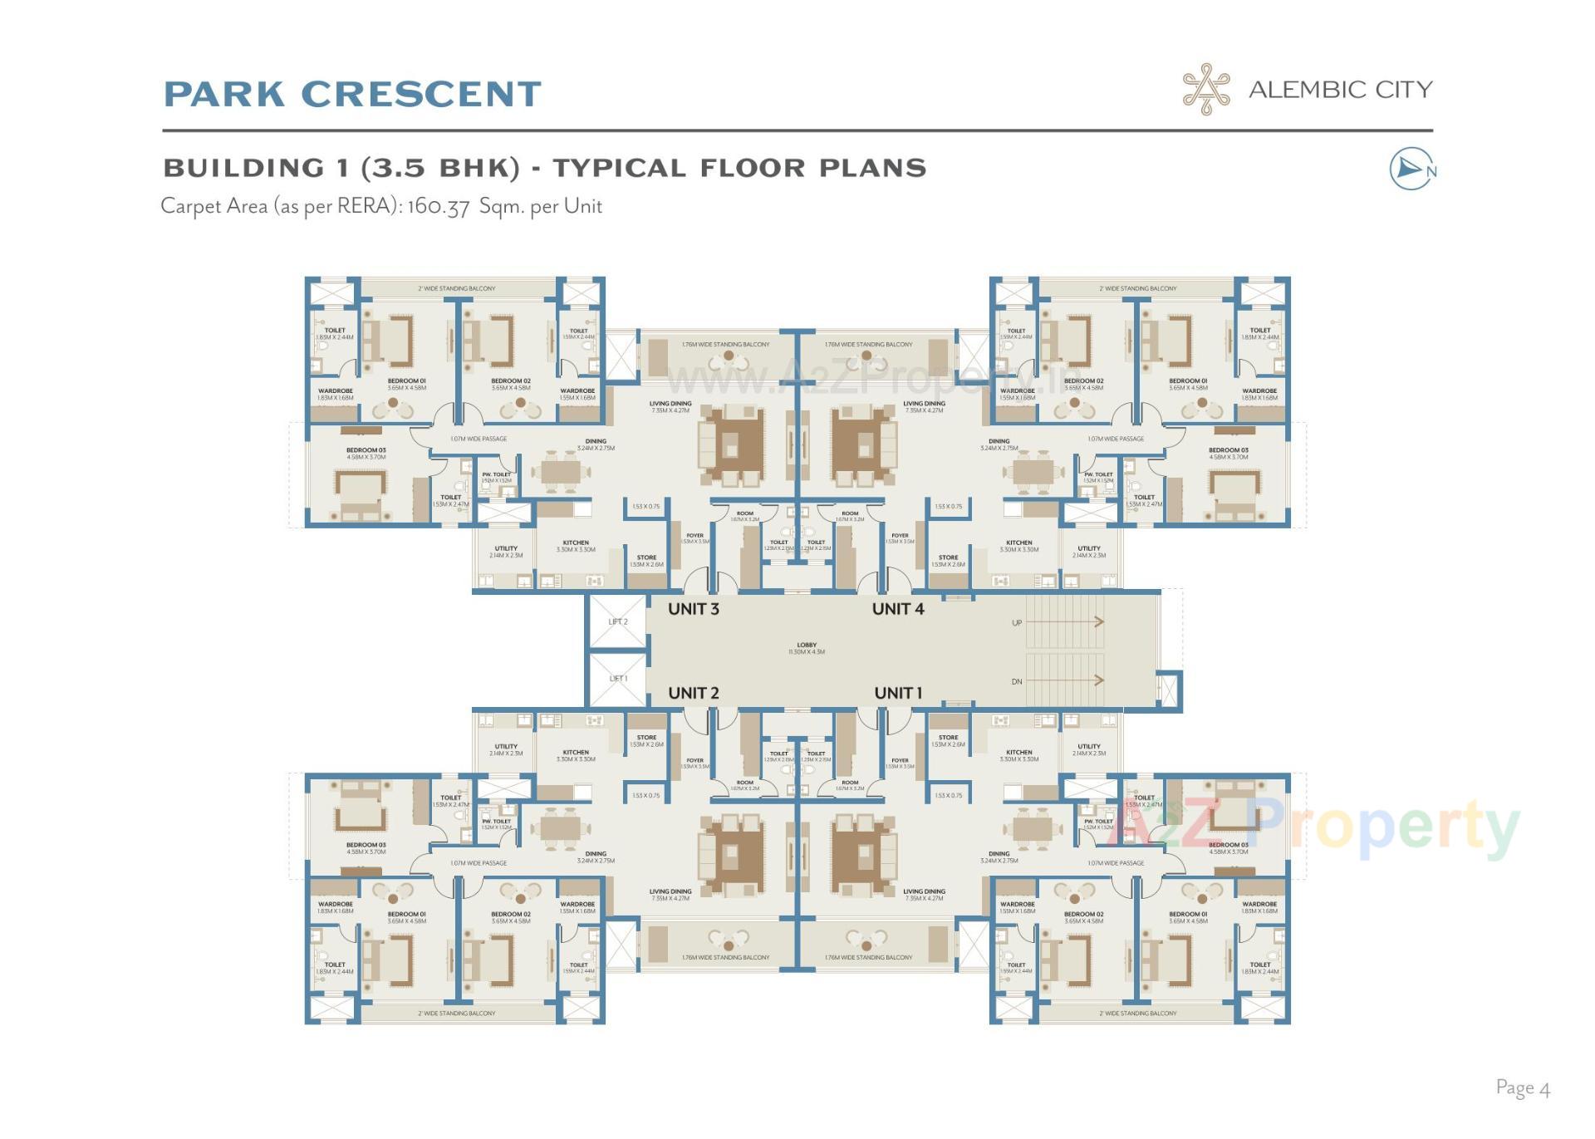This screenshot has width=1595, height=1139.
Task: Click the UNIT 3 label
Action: (x=693, y=609)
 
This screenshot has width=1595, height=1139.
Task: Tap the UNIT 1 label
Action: (x=897, y=693)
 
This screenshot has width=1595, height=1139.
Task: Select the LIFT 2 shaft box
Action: (x=617, y=621)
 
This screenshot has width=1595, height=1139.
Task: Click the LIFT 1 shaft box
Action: (x=617, y=679)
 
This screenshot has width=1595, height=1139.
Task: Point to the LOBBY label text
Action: (x=806, y=646)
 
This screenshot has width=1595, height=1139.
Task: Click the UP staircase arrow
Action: (x=1067, y=621)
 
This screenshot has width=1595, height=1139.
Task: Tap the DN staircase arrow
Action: (x=1067, y=680)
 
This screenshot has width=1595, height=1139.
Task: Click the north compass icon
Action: (x=1411, y=169)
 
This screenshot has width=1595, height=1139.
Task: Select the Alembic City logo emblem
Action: (x=1206, y=89)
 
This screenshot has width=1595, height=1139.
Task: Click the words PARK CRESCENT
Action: (x=352, y=94)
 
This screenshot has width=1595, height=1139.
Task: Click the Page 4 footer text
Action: (x=1522, y=1087)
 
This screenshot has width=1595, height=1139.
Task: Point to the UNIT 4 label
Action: (x=897, y=609)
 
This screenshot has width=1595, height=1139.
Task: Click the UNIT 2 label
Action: (x=693, y=693)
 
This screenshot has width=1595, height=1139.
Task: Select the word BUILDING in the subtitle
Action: (x=243, y=168)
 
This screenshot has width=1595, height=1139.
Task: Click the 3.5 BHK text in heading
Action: (x=440, y=168)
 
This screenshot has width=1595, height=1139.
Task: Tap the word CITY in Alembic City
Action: (x=1403, y=90)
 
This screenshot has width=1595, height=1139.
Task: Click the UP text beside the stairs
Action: (x=1017, y=622)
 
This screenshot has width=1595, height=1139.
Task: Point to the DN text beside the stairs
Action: (x=1017, y=681)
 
